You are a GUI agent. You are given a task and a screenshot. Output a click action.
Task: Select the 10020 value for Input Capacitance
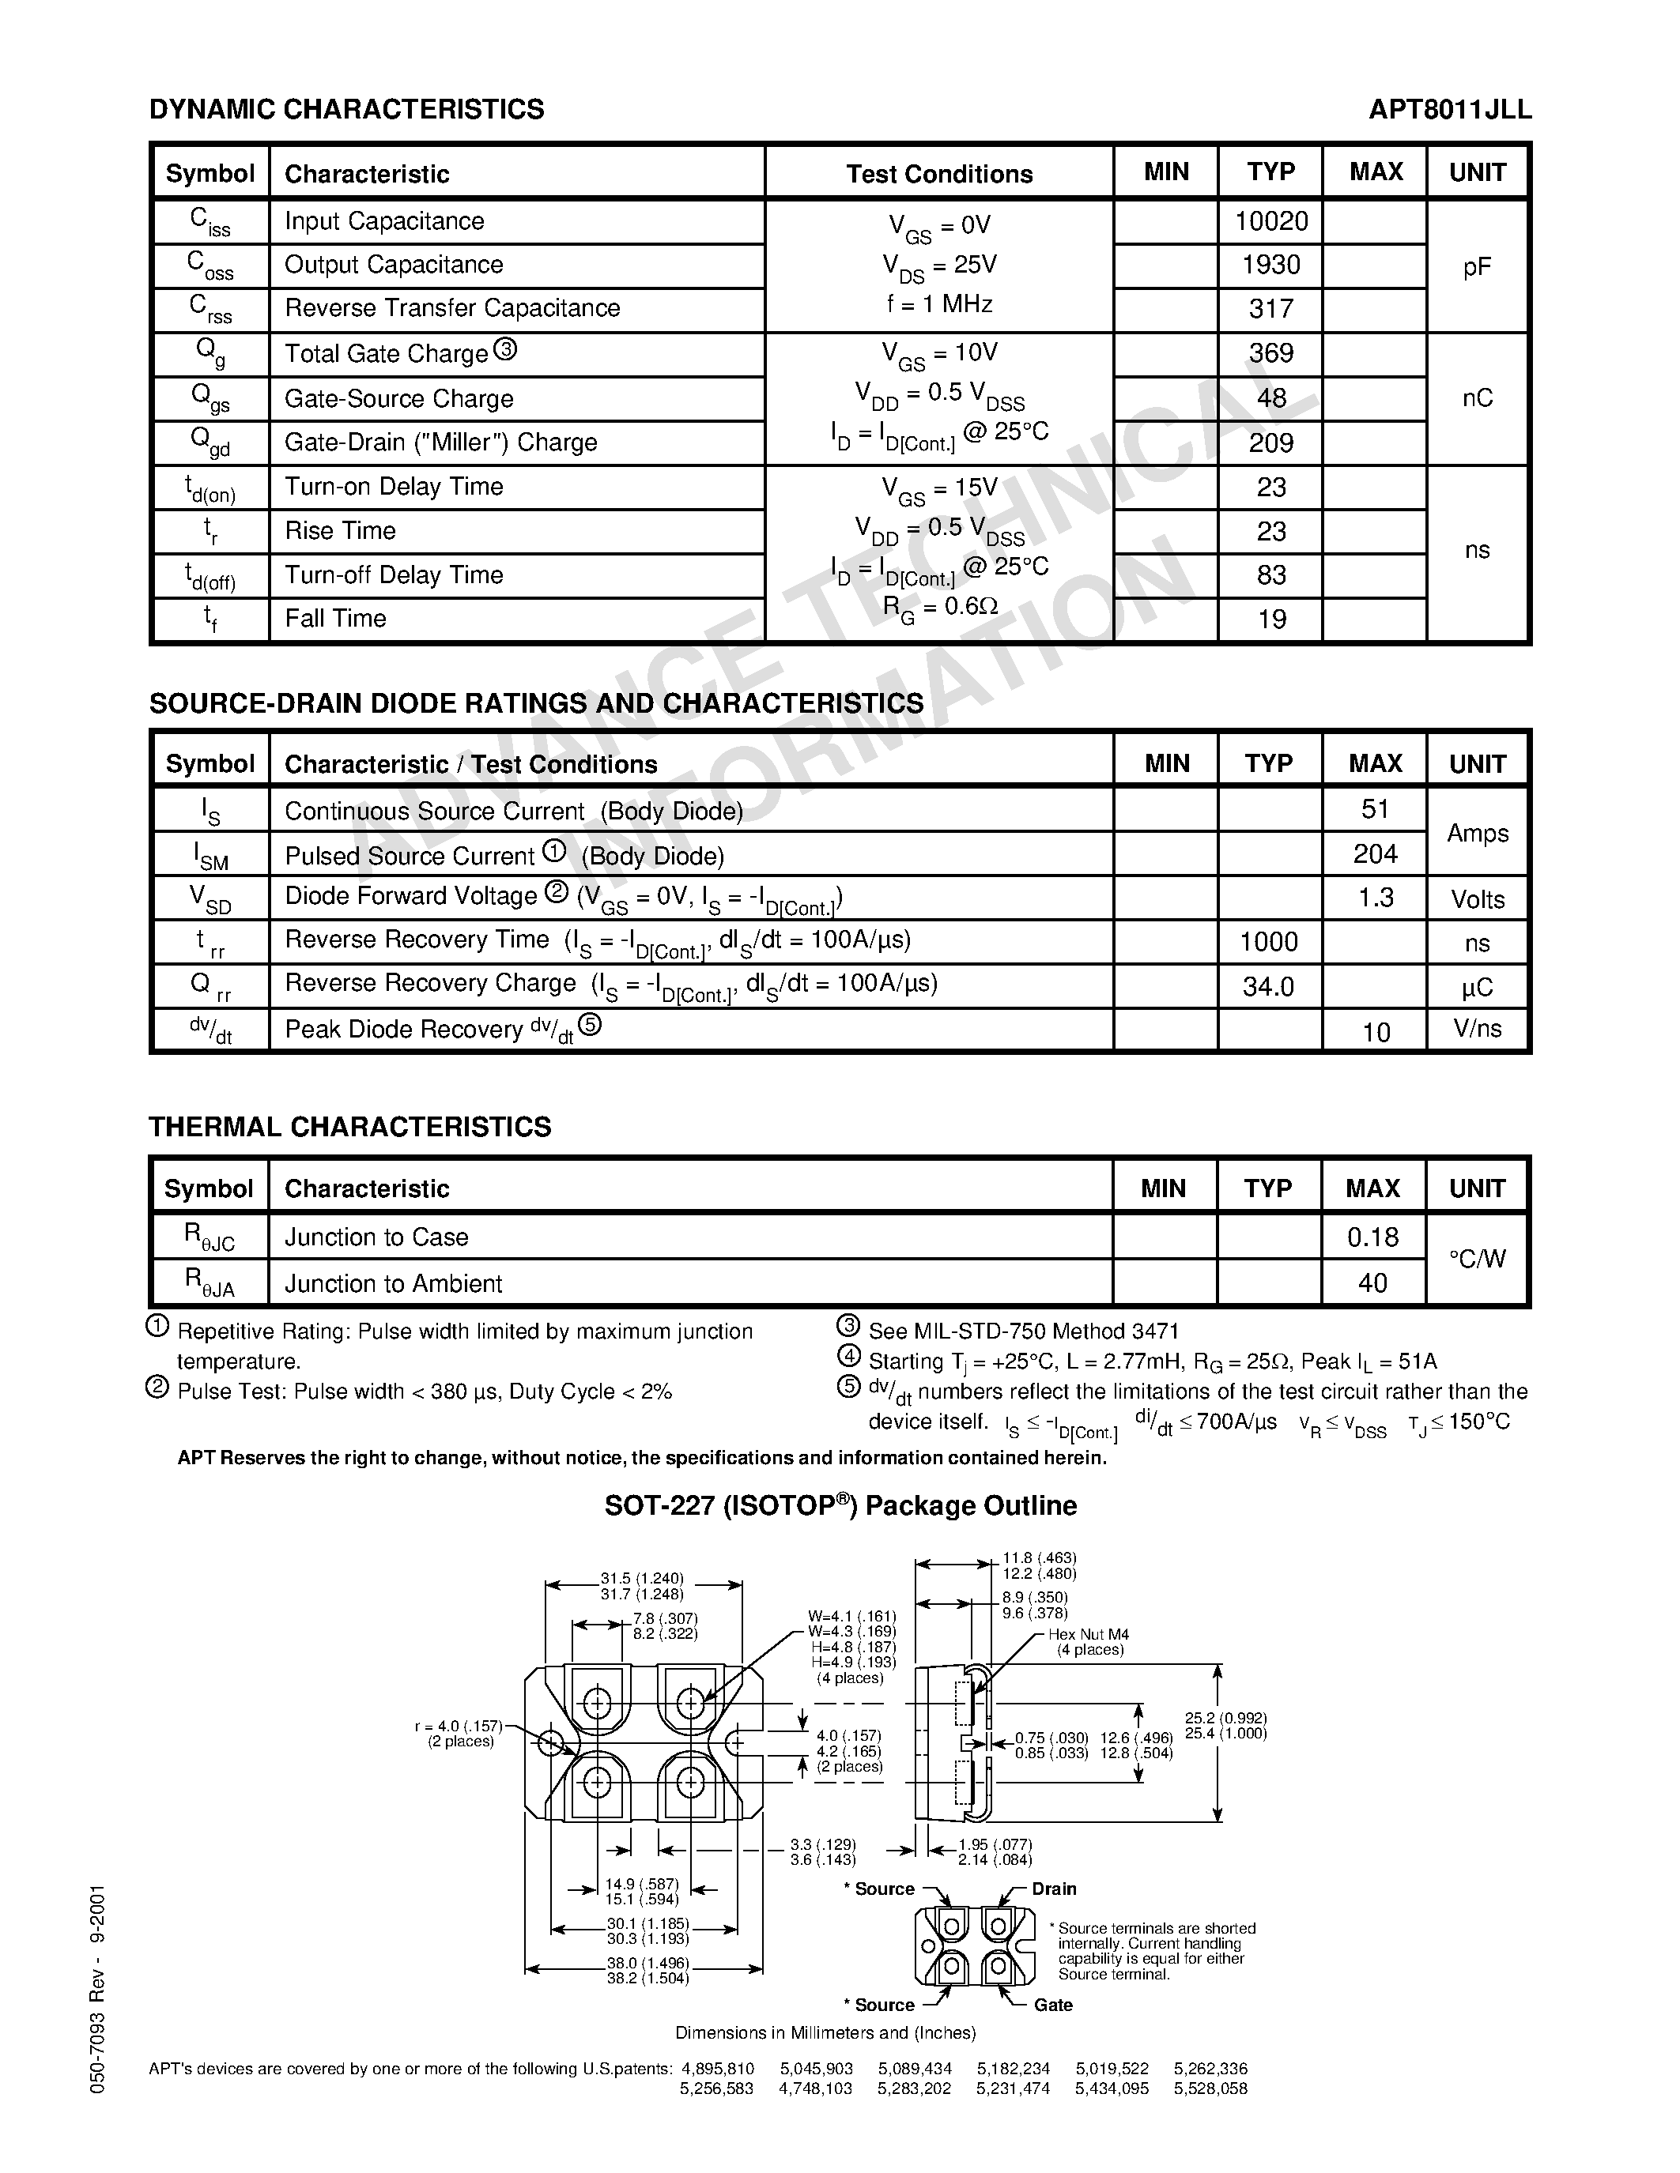[1271, 221]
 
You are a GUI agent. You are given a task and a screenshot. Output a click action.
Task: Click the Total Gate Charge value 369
[1271, 353]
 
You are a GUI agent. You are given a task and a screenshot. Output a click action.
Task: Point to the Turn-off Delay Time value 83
[1271, 575]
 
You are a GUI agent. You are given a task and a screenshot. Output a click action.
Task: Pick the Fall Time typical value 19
[1271, 619]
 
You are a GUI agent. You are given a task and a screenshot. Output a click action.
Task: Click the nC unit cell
[1477, 398]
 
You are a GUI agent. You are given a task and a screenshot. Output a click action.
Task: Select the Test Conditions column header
[938, 174]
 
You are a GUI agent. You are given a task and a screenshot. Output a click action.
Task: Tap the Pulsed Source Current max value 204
[1375, 853]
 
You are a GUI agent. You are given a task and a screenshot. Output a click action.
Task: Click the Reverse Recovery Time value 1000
[1269, 941]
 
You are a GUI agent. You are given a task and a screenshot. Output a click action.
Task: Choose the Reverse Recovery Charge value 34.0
[1268, 986]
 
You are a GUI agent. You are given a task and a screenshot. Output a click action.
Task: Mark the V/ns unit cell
[1477, 1028]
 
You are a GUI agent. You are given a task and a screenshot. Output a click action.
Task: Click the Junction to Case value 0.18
[1372, 1237]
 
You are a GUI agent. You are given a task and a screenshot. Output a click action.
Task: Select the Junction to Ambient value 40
[1372, 1282]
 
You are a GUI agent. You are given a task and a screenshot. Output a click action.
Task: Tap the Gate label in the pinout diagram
[1052, 2005]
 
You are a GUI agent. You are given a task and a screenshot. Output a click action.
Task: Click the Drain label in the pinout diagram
[1053, 1889]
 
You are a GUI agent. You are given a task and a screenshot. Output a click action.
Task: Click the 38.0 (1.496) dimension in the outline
[647, 1963]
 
